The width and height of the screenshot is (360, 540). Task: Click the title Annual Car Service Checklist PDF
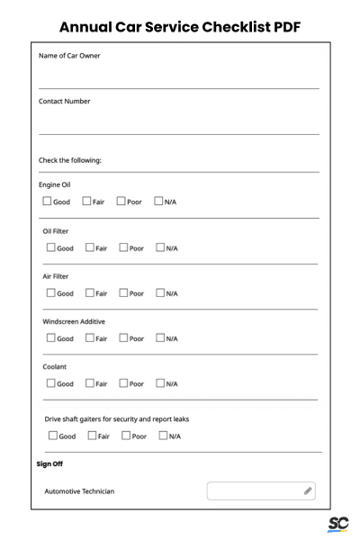tap(180, 27)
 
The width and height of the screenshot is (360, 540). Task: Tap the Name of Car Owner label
tap(69, 56)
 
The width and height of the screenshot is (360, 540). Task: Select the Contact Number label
tap(65, 101)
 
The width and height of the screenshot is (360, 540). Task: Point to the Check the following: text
tap(70, 160)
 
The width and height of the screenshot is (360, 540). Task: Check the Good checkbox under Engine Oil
tap(47, 202)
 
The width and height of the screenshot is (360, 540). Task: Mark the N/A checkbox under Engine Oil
tap(158, 202)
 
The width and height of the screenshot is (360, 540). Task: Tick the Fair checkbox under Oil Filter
tap(90, 247)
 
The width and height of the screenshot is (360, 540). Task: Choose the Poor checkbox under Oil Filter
tap(124, 247)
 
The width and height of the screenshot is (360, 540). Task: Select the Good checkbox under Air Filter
tap(50, 292)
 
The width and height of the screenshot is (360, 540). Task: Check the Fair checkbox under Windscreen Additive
tap(90, 338)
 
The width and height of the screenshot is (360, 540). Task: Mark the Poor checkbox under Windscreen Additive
tap(124, 338)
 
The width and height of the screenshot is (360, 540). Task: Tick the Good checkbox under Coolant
tap(50, 383)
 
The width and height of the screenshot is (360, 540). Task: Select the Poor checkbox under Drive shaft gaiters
tap(127, 436)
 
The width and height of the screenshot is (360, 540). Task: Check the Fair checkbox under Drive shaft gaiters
tap(93, 436)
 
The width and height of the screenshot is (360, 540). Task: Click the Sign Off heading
tap(49, 464)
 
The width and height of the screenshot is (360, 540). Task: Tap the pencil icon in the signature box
tap(308, 491)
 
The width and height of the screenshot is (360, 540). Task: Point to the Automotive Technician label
tap(79, 491)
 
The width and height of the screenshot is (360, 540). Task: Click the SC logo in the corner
tap(338, 524)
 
